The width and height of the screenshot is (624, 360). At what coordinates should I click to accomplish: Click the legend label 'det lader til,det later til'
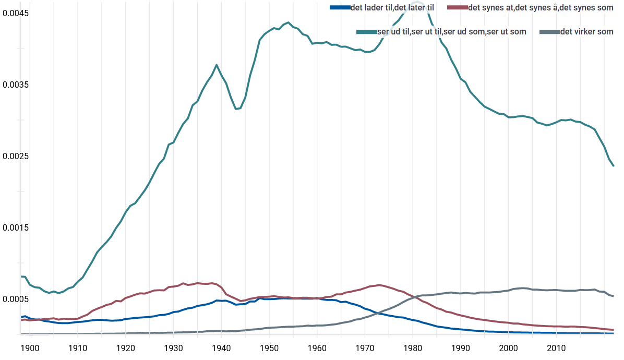pyautogui.click(x=392, y=7)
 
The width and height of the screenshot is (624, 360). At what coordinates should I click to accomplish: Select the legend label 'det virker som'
pyautogui.click(x=586, y=32)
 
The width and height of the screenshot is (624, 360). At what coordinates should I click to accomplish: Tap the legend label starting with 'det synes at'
pyautogui.click(x=541, y=7)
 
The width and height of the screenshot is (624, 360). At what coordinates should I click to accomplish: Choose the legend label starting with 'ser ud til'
pyautogui.click(x=451, y=32)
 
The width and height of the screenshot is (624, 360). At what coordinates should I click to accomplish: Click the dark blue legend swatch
pyautogui.click(x=340, y=7)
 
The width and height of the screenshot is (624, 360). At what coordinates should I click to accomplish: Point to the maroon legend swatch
pyautogui.click(x=458, y=7)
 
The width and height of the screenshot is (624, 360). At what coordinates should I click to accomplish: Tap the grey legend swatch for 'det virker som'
pyautogui.click(x=549, y=32)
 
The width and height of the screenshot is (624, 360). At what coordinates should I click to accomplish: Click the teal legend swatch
pyautogui.click(x=366, y=32)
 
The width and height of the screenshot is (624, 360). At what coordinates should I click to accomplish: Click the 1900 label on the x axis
pyautogui.click(x=30, y=347)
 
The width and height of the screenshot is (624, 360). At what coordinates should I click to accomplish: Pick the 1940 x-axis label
pyautogui.click(x=221, y=347)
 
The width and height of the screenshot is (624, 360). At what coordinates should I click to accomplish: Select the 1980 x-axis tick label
pyautogui.click(x=413, y=347)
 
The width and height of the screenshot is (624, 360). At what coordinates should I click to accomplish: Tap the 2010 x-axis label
pyautogui.click(x=556, y=347)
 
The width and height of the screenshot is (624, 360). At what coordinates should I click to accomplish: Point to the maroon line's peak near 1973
pyautogui.click(x=379, y=285)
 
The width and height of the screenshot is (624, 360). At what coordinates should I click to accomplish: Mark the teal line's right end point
pyautogui.click(x=614, y=166)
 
